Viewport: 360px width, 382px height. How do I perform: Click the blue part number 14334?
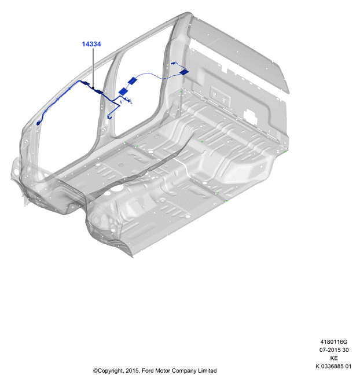click(91, 44)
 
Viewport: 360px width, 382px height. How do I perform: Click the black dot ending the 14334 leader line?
click(93, 88)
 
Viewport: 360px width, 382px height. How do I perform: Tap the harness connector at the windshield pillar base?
click(38, 123)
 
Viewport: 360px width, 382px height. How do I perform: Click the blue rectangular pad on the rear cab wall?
click(184, 72)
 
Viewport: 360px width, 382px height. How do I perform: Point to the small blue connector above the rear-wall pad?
click(174, 64)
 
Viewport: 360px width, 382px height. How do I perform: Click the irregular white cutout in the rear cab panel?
click(251, 115)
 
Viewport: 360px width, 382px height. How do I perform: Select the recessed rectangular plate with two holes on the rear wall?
click(220, 97)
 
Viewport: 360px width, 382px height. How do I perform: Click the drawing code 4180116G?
click(334, 342)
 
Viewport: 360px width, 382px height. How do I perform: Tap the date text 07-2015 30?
click(334, 350)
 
